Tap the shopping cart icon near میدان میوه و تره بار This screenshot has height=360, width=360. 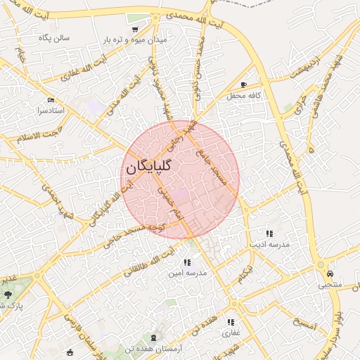tap(134, 30)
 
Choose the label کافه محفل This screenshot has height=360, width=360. tap(244, 95)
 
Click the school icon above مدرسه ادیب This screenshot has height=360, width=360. tap(269, 233)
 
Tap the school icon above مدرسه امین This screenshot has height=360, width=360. tap(187, 262)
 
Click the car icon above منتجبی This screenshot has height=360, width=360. tap(330, 274)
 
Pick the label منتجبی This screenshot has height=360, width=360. tap(330, 285)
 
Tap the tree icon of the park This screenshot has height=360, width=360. tap(8, 294)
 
